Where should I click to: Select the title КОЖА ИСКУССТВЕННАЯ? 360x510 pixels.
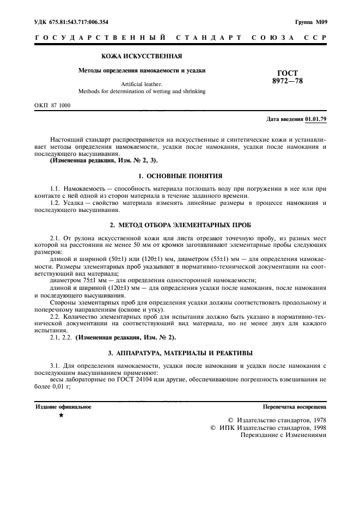point(142,56)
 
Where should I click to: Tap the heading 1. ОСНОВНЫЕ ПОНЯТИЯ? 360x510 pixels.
point(180,177)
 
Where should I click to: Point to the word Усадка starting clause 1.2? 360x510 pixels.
point(74,203)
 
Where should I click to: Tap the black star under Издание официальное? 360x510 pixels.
point(61,416)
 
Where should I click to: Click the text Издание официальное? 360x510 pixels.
point(64,406)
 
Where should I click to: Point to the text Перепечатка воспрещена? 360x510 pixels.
point(294,406)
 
